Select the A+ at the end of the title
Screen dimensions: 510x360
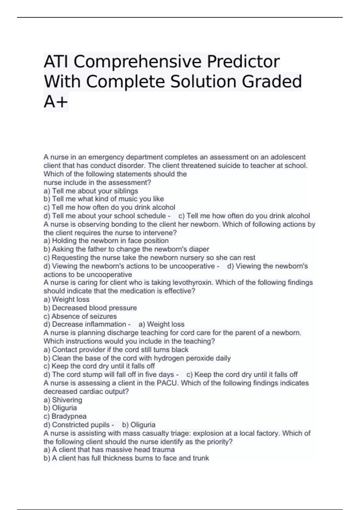point(56,102)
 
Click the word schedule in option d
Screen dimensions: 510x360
point(151,216)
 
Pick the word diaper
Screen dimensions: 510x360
point(199,249)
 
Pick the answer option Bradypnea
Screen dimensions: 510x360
point(69,416)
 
